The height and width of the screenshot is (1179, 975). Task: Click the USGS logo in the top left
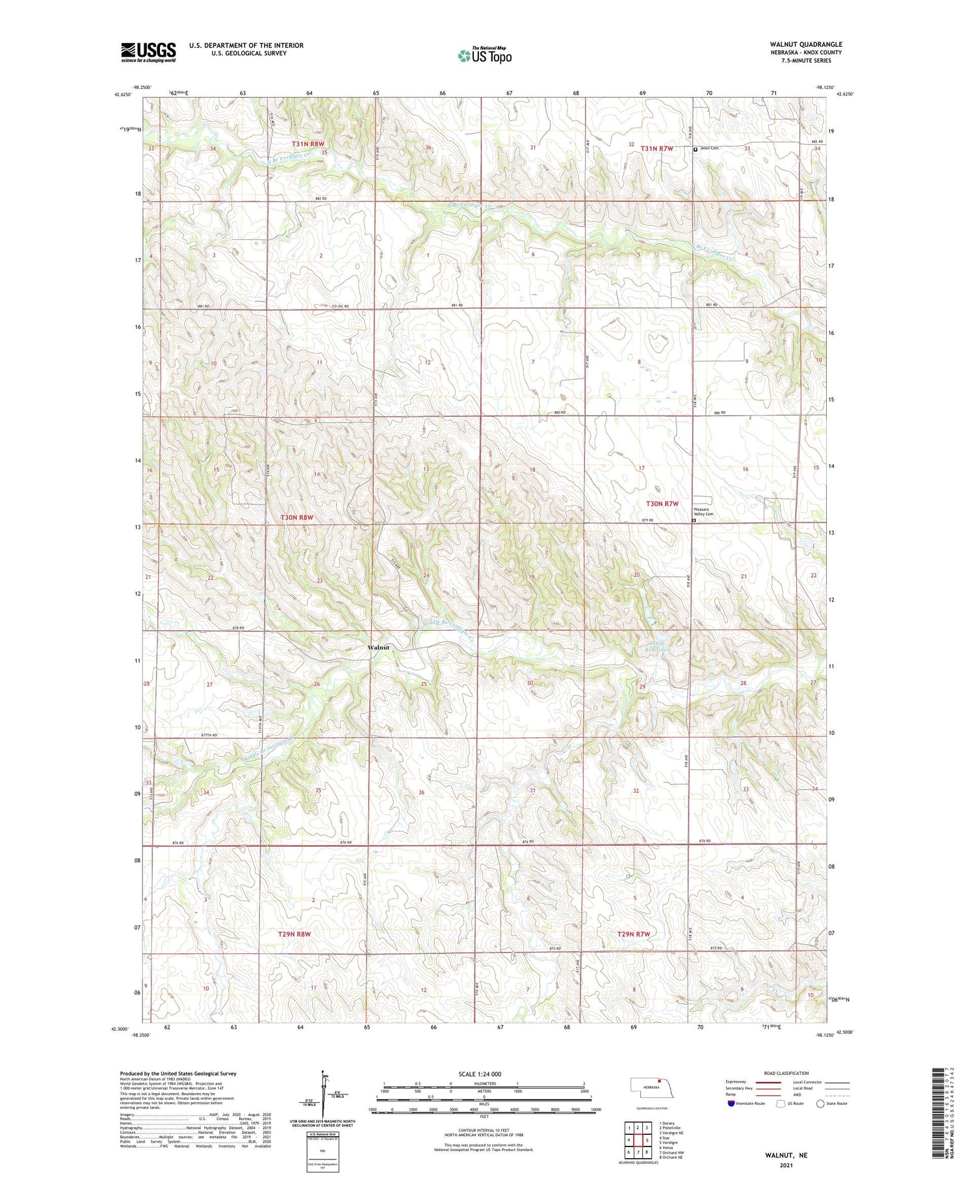[x=148, y=52]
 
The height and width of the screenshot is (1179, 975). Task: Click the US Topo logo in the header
[x=484, y=56]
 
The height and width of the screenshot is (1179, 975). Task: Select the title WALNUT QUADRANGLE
[x=805, y=44]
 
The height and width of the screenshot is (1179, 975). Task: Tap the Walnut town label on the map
[x=378, y=648]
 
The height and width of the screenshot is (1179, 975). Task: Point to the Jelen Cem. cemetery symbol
[x=695, y=149]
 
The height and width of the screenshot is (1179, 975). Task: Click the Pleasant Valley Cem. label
[x=703, y=511]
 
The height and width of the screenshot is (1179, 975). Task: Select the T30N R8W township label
[x=296, y=518]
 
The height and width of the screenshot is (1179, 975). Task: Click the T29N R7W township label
[x=633, y=934]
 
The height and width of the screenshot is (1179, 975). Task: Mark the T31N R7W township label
[x=656, y=148]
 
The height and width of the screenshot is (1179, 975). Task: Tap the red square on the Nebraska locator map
[x=658, y=1082]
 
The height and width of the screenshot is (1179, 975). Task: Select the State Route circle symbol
[x=820, y=1104]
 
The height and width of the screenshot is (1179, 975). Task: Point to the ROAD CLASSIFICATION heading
[x=786, y=1073]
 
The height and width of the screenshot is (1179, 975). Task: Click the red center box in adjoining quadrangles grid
[x=638, y=1139]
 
